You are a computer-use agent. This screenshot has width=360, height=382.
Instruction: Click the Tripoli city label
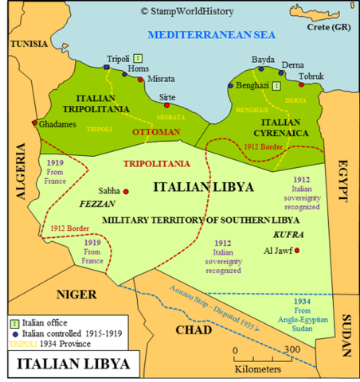pos(119,59)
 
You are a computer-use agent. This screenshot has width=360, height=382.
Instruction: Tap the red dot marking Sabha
pos(126,191)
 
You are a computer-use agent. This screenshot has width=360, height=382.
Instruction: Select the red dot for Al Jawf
pos(297,251)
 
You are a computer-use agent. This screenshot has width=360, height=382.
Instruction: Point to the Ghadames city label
pos(56,125)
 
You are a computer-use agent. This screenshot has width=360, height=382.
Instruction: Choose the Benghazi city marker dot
pos(231,85)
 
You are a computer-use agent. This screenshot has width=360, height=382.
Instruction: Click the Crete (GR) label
pos(327,27)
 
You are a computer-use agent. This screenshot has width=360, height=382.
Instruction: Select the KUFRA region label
pos(289,236)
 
